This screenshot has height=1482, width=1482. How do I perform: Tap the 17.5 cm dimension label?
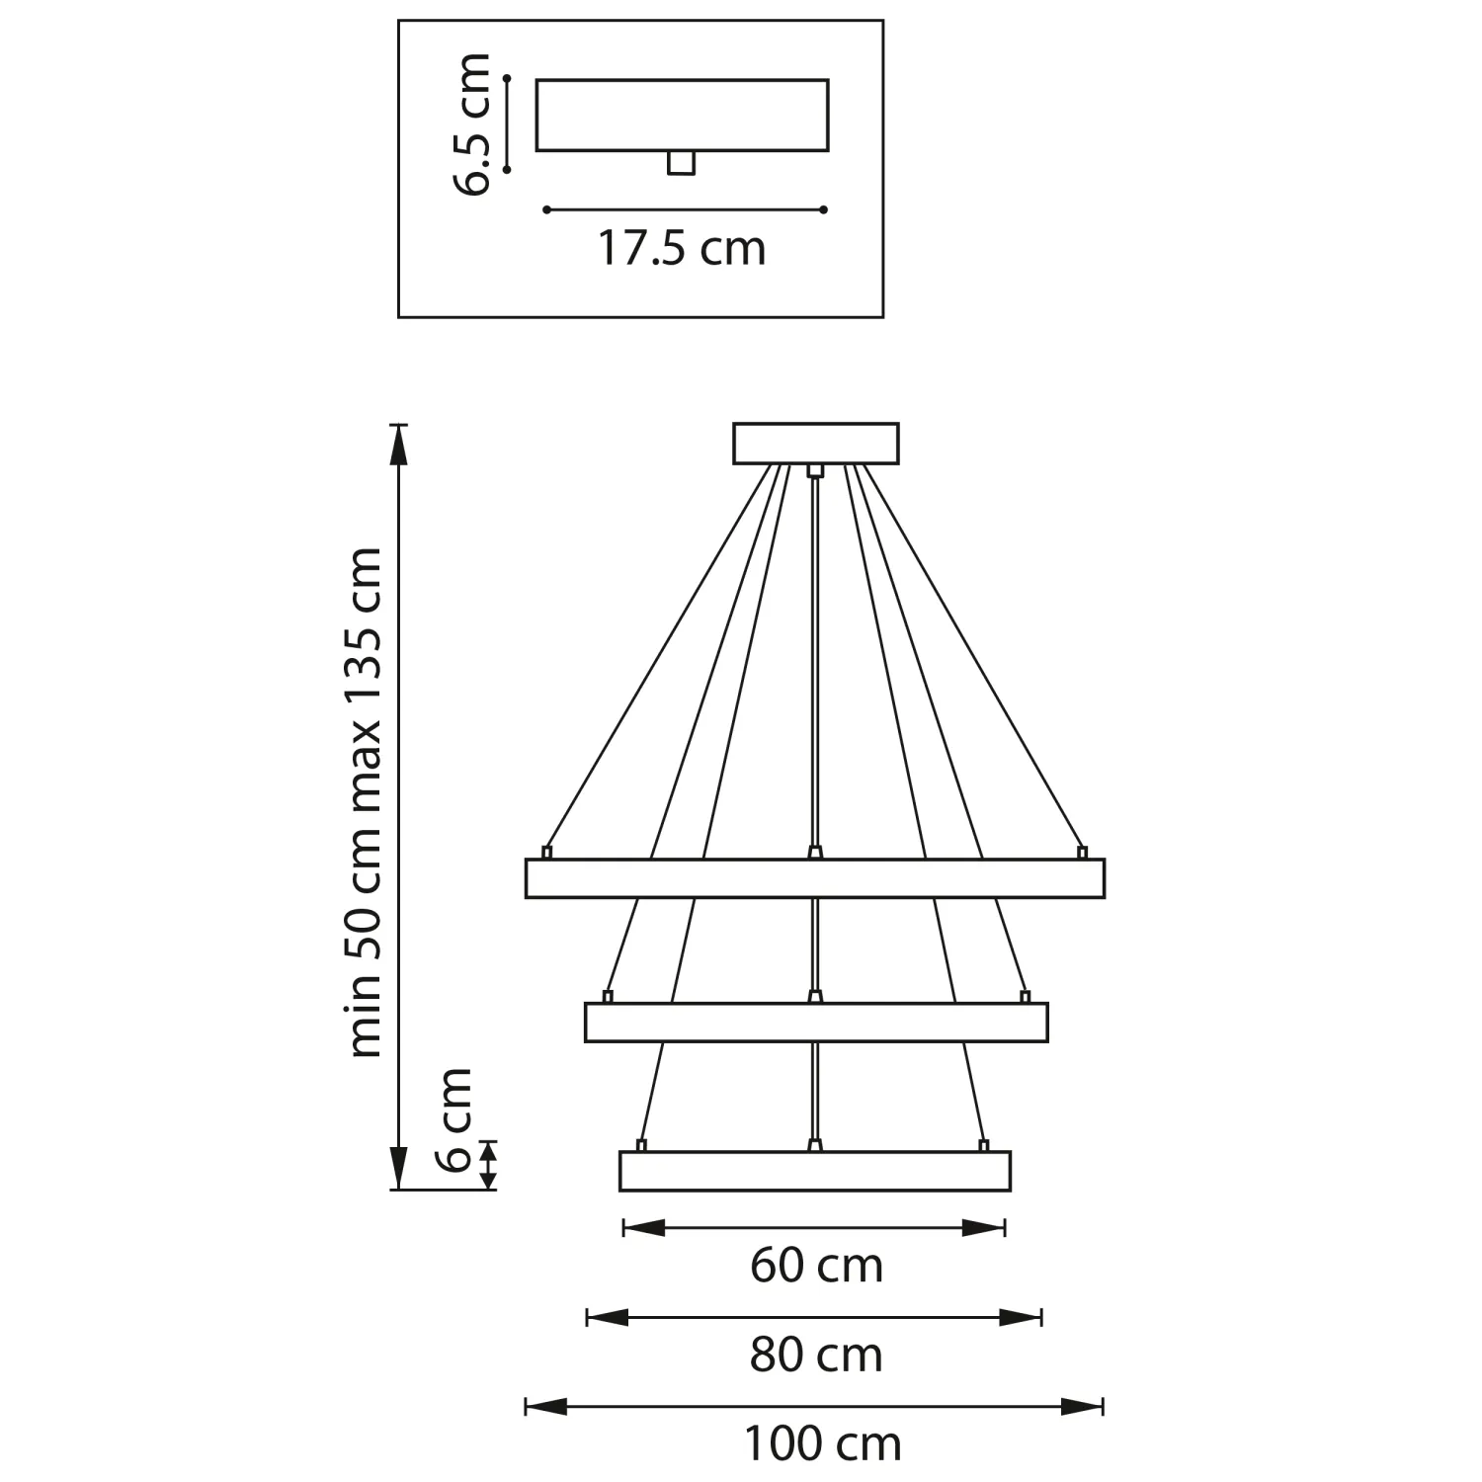pos(682,248)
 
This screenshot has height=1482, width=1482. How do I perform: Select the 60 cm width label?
pos(816,1266)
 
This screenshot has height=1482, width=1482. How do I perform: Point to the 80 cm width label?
pos(816,1355)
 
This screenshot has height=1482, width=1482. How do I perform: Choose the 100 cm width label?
pos(822,1444)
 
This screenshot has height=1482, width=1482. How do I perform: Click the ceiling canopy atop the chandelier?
pos(816,443)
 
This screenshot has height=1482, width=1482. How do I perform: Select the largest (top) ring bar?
pos(815,878)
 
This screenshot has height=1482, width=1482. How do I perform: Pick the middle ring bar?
pos(816,1023)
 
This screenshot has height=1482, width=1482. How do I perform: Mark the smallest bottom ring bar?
pos(815,1171)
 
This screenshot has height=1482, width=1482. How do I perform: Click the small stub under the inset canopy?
pos(681,163)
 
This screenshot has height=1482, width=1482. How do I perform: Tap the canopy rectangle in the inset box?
pos(682,115)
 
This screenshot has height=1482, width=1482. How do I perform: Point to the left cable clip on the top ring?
pos(546,852)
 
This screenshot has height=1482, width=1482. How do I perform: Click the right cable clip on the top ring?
pos(1082,852)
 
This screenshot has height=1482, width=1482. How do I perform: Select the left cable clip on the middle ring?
pos(609,996)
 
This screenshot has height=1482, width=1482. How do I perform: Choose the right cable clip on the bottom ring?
pos(983,1145)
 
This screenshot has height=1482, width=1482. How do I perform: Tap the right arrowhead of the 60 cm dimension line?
pos(983,1228)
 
